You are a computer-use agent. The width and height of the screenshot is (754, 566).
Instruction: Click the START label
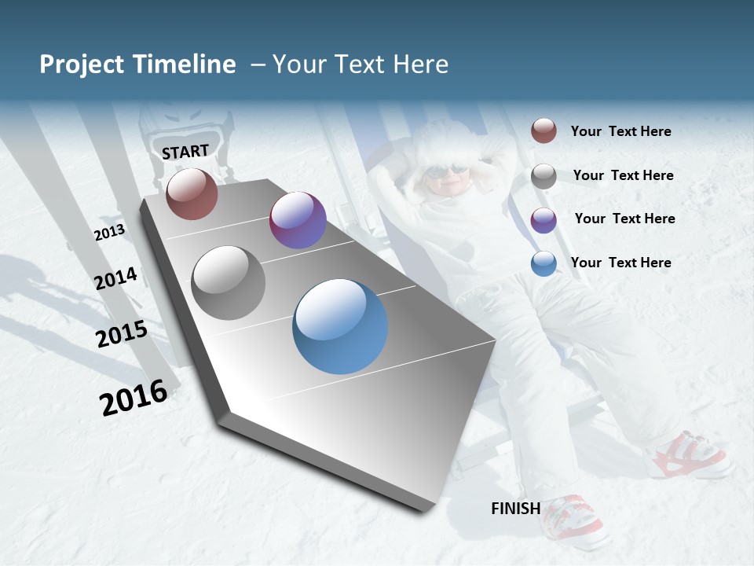point(185,152)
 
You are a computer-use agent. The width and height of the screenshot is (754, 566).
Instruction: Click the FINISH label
point(515,509)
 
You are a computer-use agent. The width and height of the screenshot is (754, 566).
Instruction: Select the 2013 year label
point(109,233)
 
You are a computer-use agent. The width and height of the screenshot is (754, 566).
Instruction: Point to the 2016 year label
point(134,398)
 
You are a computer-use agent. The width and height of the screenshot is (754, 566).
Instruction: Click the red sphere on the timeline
point(192,193)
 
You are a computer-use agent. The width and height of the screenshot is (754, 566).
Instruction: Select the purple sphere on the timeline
point(298,220)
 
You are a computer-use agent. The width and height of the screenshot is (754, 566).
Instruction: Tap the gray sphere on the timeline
point(229,283)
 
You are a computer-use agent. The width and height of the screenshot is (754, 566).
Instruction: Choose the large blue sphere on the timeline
point(340,326)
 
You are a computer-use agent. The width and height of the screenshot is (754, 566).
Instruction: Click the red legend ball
point(544,131)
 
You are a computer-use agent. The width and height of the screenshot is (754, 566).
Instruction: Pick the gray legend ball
point(544,176)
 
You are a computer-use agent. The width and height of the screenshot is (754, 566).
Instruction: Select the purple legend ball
point(544,220)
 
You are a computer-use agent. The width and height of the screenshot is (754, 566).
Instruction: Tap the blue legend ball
point(544,264)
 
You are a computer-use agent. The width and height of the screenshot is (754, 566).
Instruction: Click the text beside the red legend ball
point(620,132)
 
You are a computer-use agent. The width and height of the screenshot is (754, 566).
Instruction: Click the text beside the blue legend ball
point(620,263)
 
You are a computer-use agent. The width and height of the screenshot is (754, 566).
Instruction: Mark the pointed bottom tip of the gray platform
point(428,509)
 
